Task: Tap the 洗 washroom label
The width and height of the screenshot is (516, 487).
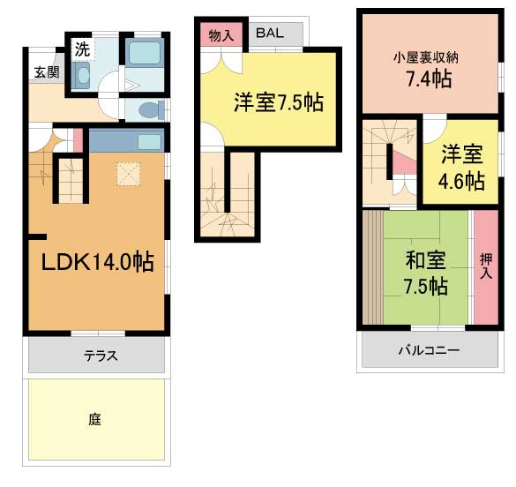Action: point(81,48)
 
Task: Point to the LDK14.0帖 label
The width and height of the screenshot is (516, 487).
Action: point(97,261)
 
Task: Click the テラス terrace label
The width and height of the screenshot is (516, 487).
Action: point(101,356)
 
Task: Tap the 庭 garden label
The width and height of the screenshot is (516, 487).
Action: point(94,420)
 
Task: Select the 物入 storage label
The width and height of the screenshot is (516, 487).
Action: point(221,34)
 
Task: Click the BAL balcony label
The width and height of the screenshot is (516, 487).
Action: point(271,34)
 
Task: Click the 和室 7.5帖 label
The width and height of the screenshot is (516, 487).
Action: point(426,273)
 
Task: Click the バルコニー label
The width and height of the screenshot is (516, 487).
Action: point(428,350)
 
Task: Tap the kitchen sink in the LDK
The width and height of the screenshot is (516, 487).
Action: point(148,142)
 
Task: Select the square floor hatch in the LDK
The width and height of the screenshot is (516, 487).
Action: point(129,175)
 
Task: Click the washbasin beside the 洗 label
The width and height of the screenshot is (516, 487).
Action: point(84,78)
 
